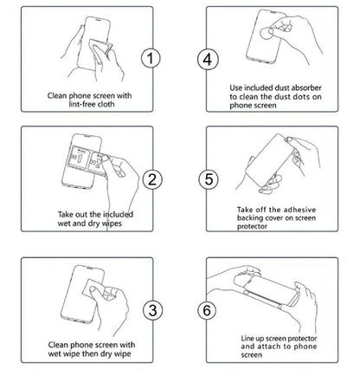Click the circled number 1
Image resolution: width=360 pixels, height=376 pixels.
tap(152, 59)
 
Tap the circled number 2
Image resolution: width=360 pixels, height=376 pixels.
tap(152, 180)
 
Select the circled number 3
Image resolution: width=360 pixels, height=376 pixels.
tap(152, 308)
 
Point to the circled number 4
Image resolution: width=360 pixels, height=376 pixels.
tap(207, 59)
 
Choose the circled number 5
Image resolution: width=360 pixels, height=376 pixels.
tap(207, 180)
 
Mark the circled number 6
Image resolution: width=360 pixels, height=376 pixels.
tap(207, 308)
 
